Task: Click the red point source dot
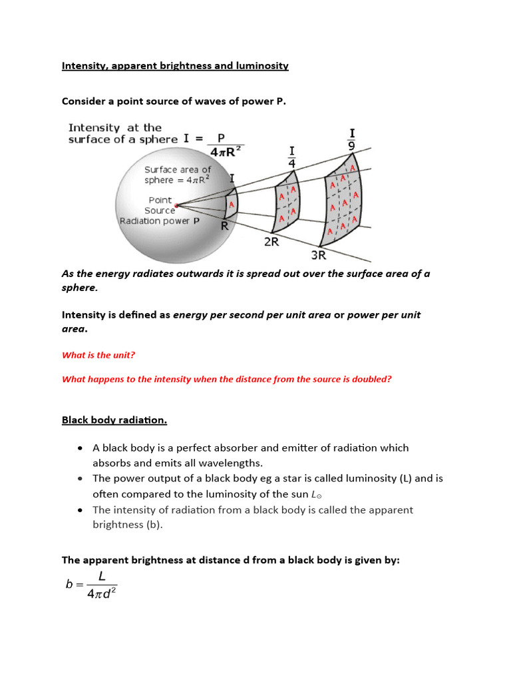click(176, 204)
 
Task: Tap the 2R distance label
click(271, 242)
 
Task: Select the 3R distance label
click(319, 254)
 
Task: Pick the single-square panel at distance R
click(232, 204)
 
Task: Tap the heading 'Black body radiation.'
click(114, 420)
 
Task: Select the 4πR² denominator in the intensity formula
click(225, 151)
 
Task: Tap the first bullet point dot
click(80, 448)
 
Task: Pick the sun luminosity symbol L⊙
click(316, 494)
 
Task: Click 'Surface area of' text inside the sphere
click(178, 170)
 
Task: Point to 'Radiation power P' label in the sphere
click(160, 221)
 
